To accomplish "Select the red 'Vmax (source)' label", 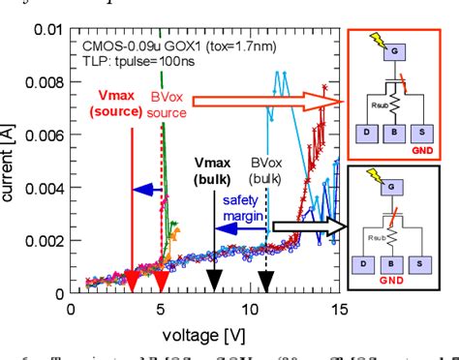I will click(x=121, y=104).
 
